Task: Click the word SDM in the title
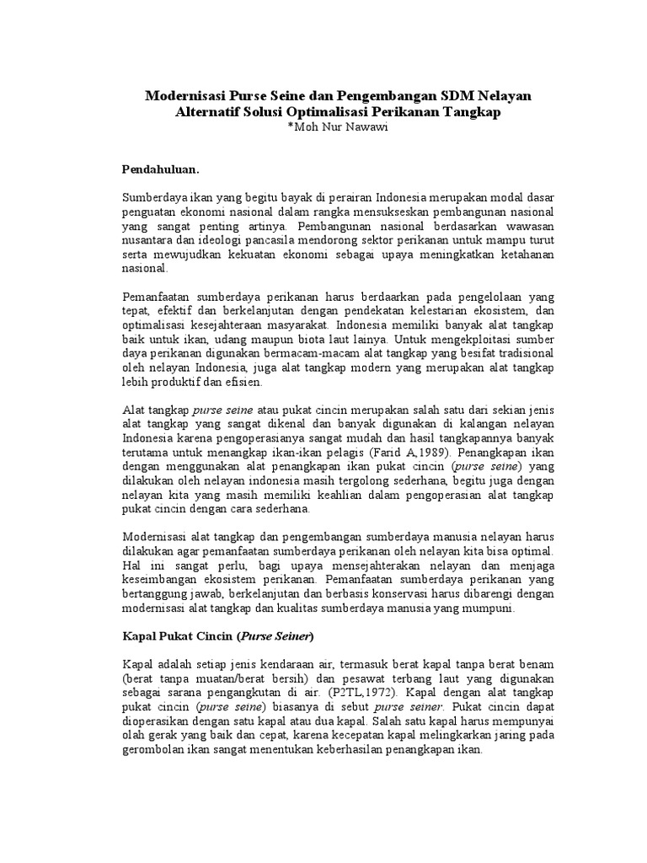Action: [x=455, y=97]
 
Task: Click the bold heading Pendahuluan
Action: [x=161, y=169]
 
